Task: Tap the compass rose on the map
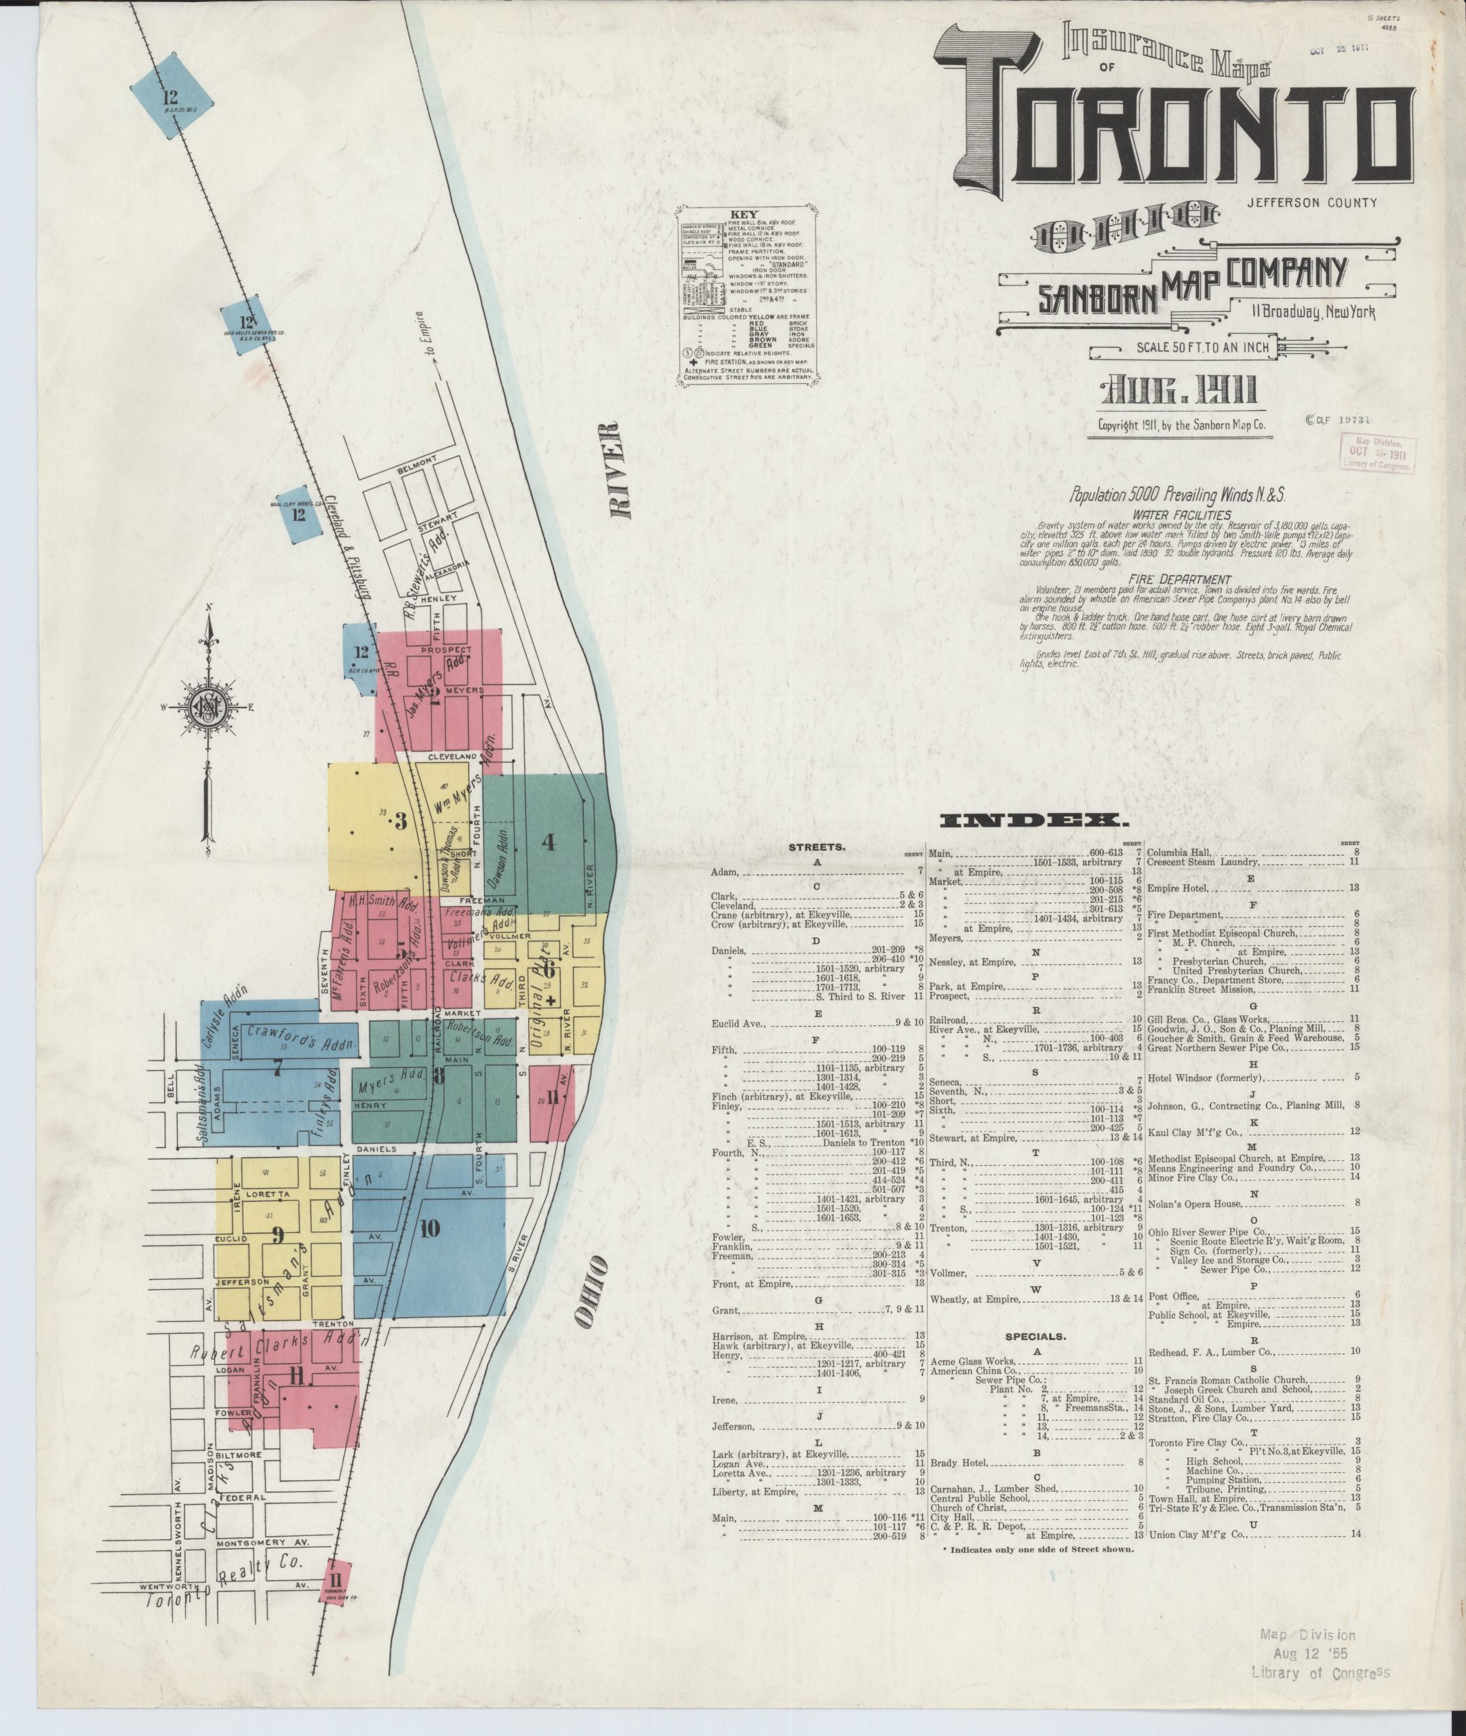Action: (x=206, y=708)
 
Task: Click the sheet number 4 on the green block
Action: (x=548, y=841)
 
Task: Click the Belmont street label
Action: (x=416, y=461)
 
